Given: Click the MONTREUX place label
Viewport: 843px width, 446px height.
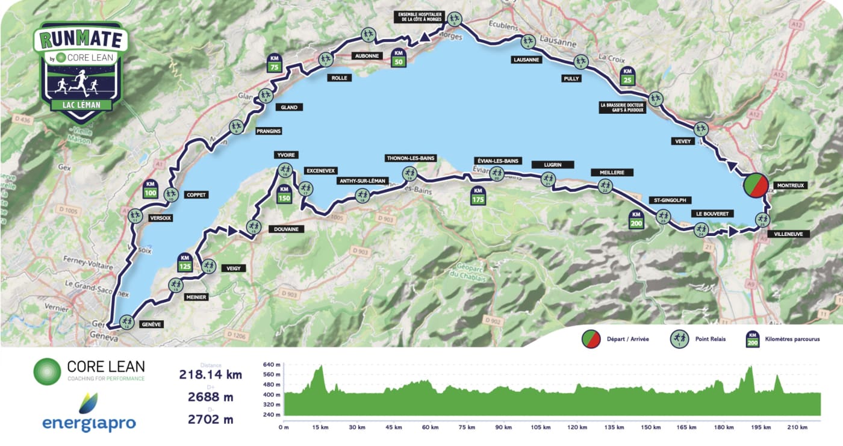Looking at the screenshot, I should (x=791, y=186).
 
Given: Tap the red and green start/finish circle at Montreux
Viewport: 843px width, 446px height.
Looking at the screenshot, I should (x=755, y=185).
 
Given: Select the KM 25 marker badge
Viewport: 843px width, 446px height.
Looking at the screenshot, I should (x=627, y=76).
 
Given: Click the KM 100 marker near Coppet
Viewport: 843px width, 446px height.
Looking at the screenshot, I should (x=151, y=189).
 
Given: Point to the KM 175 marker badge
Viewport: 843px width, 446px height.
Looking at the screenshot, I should (x=477, y=196).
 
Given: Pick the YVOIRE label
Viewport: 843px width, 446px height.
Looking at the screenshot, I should (x=285, y=155).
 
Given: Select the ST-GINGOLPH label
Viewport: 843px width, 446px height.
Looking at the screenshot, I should (x=669, y=200).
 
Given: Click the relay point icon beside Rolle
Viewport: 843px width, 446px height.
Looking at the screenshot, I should (x=326, y=59).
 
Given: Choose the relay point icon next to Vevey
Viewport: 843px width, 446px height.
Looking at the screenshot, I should (x=700, y=129).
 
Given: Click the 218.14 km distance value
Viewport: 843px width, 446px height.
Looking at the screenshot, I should (x=210, y=374).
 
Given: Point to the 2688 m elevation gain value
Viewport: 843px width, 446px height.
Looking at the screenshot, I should (x=210, y=397).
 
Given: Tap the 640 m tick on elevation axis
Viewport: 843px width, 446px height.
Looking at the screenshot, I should (x=272, y=365).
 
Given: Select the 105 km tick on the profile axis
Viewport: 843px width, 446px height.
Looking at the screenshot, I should (x=540, y=427).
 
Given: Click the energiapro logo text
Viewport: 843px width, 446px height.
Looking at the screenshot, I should (x=89, y=424).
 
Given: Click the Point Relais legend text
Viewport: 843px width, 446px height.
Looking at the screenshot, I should (x=710, y=339).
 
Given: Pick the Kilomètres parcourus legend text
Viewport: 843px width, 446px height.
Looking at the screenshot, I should (x=791, y=339).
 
